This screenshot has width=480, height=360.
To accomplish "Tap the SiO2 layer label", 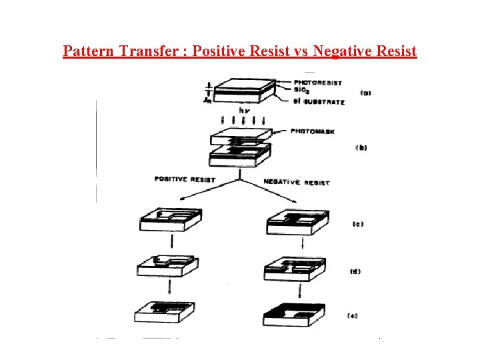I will [301, 89].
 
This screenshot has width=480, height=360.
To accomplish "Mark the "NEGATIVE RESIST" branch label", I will [296, 182].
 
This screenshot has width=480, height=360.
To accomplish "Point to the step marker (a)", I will [365, 93].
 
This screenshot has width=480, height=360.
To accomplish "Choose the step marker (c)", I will [357, 224].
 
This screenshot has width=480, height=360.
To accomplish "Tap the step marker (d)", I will [355, 271].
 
